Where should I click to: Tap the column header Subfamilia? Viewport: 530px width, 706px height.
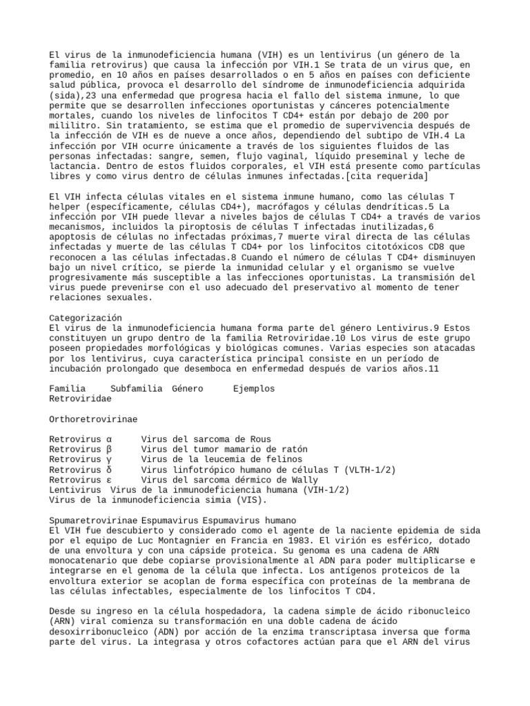pyautogui.click(x=137, y=389)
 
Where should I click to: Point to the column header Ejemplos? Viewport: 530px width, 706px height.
pyautogui.click(x=254, y=389)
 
